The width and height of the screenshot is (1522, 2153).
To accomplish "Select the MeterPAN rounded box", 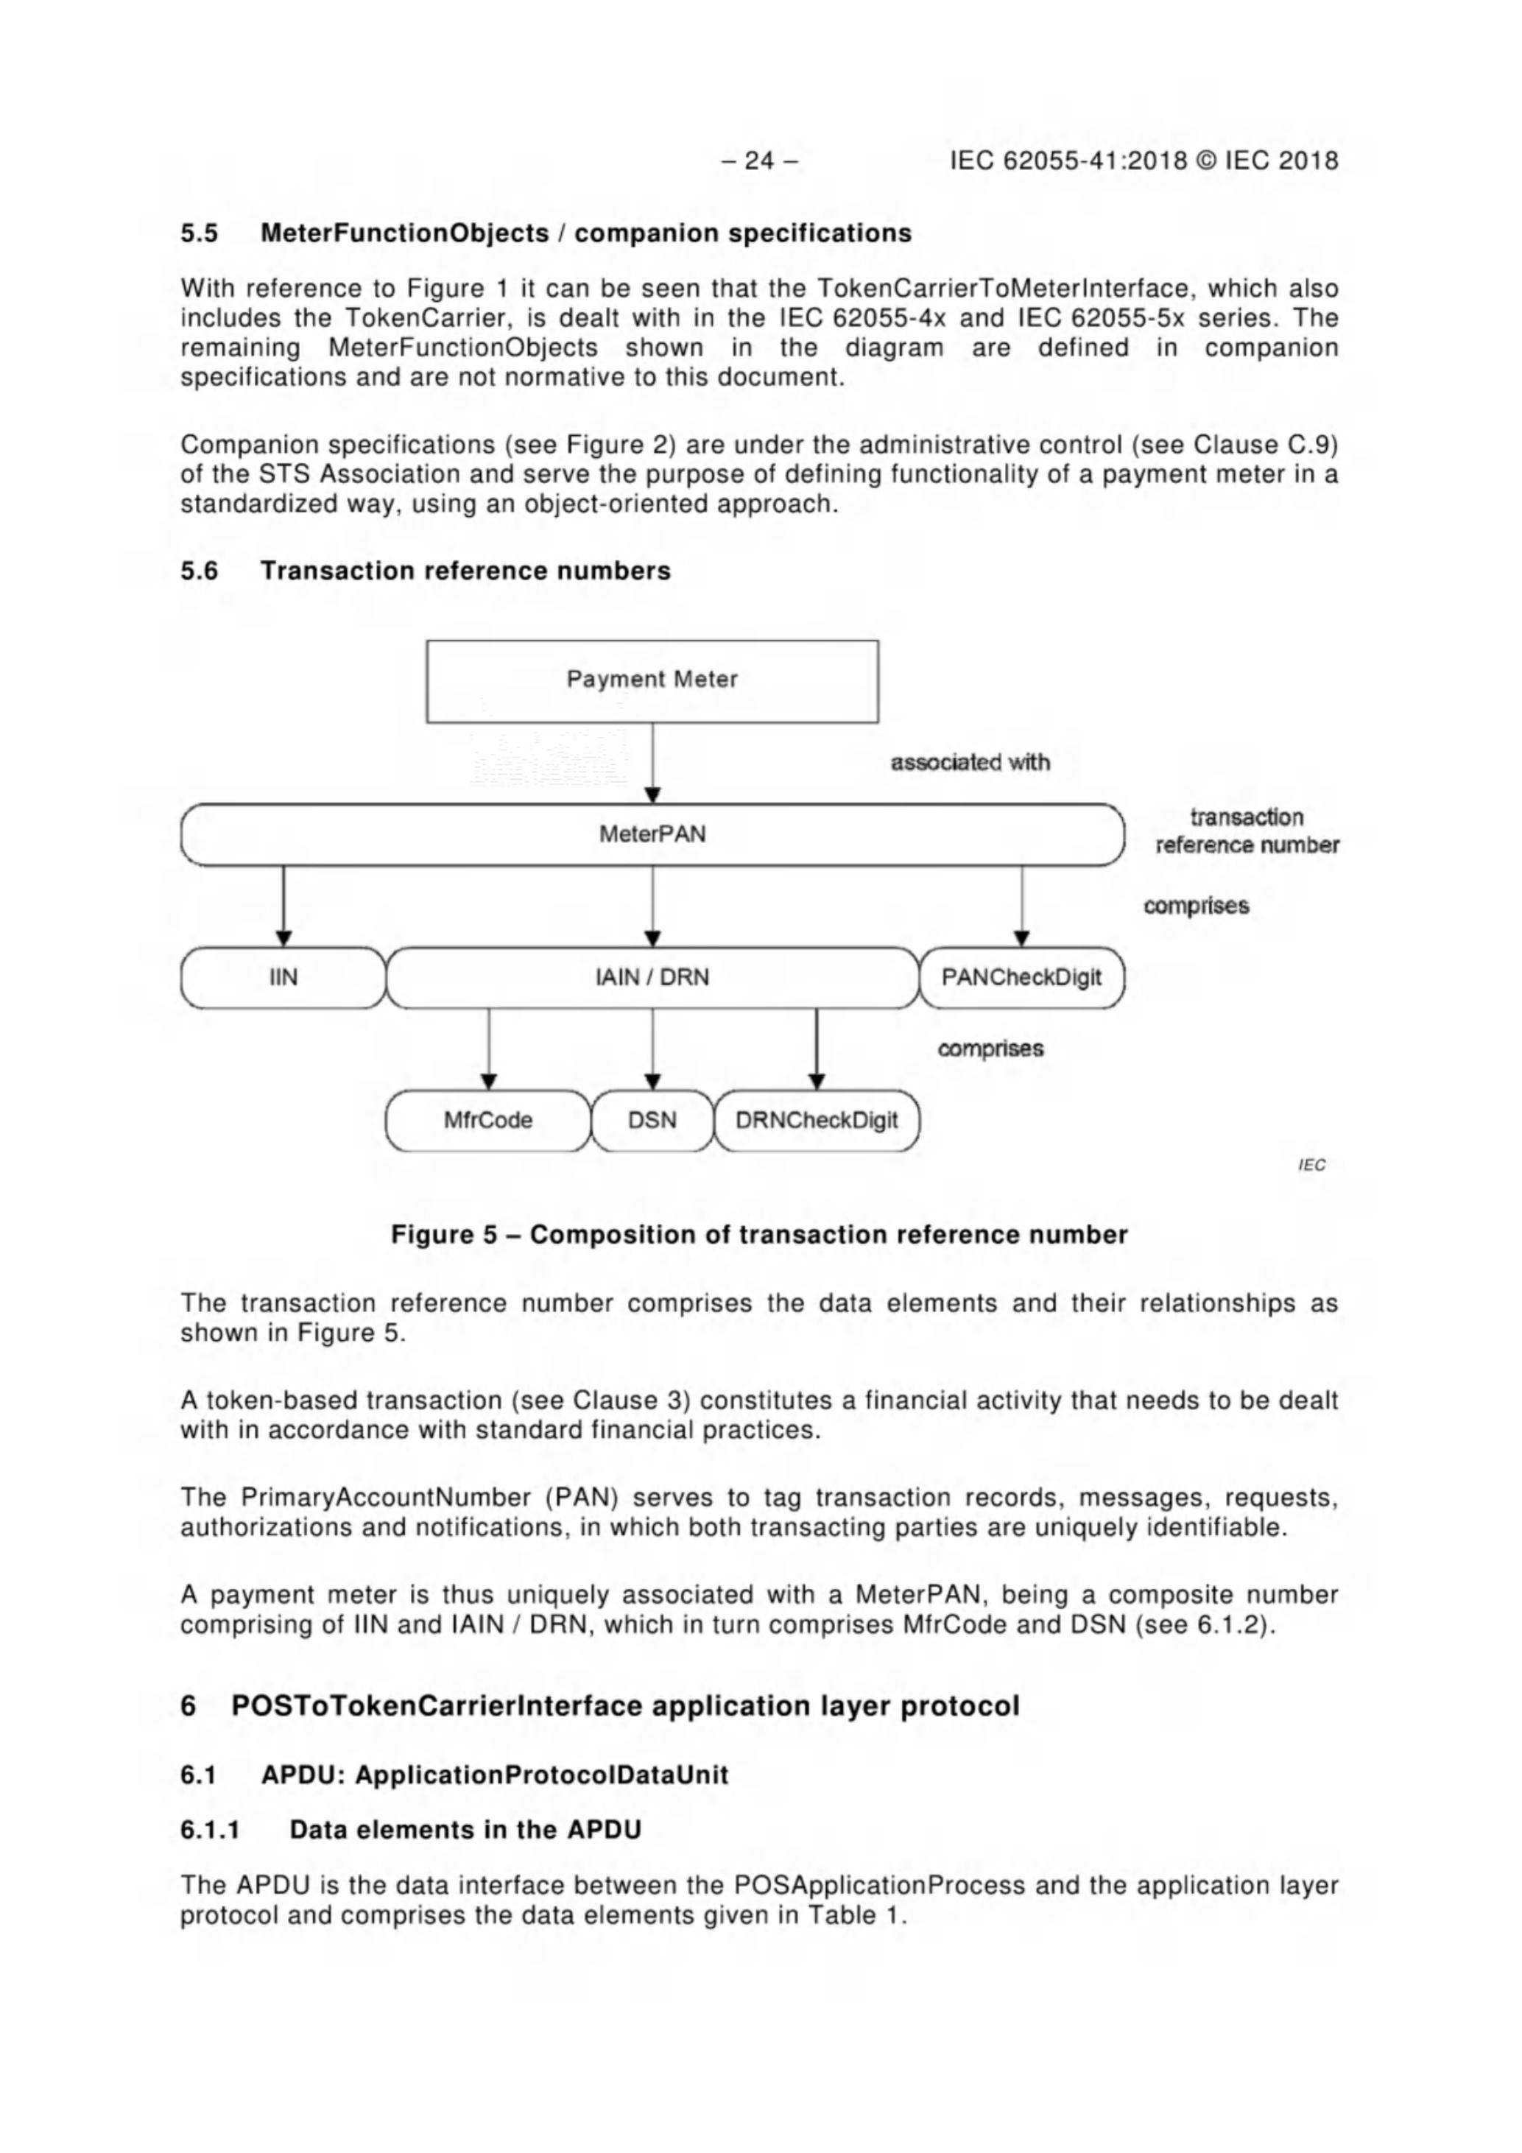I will pos(652,834).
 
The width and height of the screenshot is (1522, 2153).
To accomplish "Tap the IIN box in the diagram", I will pos(283,978).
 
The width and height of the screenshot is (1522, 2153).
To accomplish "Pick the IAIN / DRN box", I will pos(652,978).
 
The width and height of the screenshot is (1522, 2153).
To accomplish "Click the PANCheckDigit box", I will pos(1021,978).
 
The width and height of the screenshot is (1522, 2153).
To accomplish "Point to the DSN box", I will pos(652,1121).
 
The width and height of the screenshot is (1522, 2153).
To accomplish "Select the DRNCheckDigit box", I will pos(816,1121).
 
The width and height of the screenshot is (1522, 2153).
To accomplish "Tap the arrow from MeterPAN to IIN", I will pos(283,906).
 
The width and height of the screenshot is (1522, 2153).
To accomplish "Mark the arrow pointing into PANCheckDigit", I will pos(1022,906).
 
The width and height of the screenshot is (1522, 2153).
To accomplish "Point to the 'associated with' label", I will pos(970,762).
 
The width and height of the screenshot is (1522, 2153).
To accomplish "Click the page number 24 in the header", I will pos(760,161).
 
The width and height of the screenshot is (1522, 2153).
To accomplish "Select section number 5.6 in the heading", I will pos(199,571).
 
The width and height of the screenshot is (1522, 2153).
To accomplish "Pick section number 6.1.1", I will pos(210,1830).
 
